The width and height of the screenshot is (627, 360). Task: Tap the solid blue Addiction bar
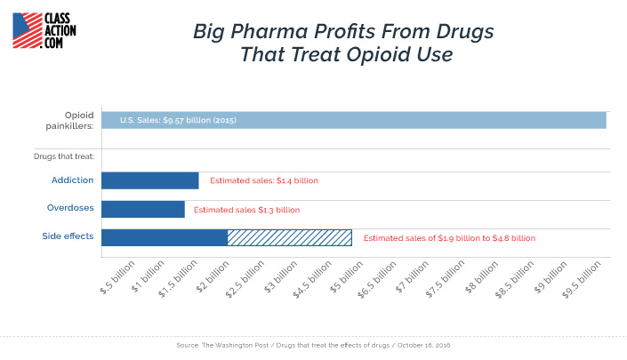[x=149, y=180]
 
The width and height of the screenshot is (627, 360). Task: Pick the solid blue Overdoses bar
[x=142, y=210]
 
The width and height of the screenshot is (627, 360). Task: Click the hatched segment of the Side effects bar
[x=289, y=237]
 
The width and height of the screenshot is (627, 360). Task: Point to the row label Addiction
[x=72, y=180]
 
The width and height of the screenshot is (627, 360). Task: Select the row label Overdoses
[x=70, y=208]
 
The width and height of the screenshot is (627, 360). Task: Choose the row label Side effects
[x=68, y=236]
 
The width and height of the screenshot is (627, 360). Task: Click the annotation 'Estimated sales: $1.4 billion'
[x=263, y=180]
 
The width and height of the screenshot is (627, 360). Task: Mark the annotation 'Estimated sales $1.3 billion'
[x=246, y=210]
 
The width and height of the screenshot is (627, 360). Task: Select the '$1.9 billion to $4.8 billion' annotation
[x=449, y=238]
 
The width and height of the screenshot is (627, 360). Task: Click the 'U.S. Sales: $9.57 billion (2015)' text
[x=178, y=120]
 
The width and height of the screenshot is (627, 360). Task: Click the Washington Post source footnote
[x=313, y=344]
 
